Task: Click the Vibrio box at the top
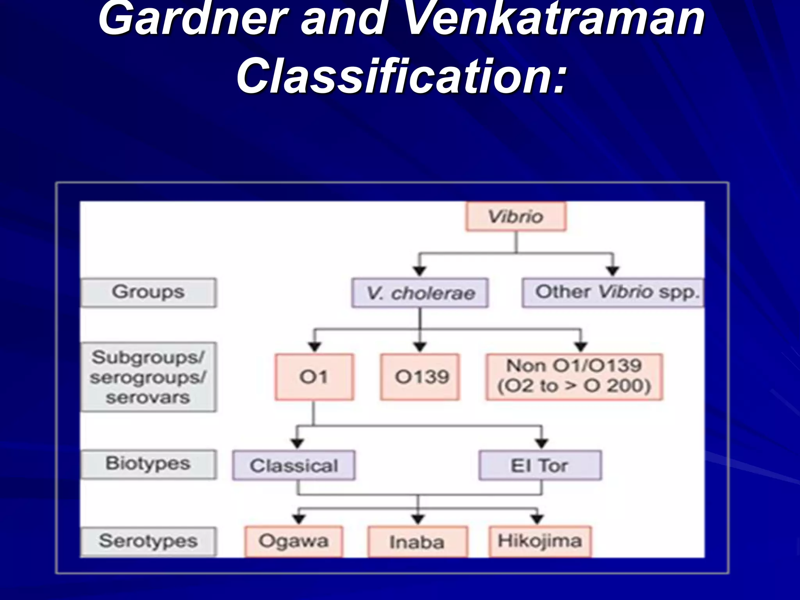click(516, 216)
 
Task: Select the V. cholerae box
click(420, 293)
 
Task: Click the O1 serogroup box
click(314, 377)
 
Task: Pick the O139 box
click(420, 377)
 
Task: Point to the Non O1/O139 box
click(574, 377)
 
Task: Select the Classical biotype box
click(294, 465)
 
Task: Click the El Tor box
click(540, 465)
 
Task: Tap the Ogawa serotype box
click(294, 541)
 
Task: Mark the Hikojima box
click(540, 541)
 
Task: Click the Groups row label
click(148, 293)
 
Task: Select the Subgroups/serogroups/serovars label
click(148, 377)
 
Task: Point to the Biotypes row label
click(148, 464)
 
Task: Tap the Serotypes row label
click(148, 541)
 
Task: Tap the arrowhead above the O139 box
click(420, 346)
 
